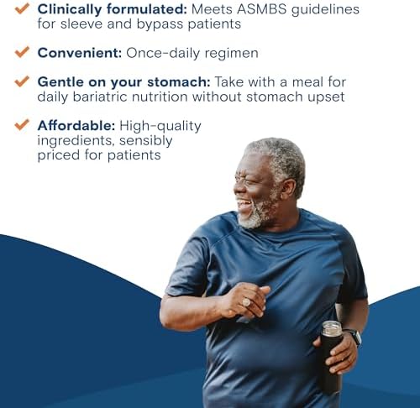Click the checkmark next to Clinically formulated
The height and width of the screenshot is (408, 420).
click(22, 8)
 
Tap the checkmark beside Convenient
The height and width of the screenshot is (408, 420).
click(22, 52)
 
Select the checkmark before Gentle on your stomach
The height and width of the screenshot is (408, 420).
click(22, 81)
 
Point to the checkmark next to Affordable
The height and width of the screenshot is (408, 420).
click(22, 125)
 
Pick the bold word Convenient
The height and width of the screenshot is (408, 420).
click(79, 53)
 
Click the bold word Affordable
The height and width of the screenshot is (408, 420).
click(75, 126)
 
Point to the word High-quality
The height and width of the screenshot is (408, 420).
click(160, 126)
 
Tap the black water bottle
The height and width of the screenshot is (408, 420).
click(330, 361)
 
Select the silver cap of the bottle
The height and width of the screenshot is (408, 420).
click(332, 328)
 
